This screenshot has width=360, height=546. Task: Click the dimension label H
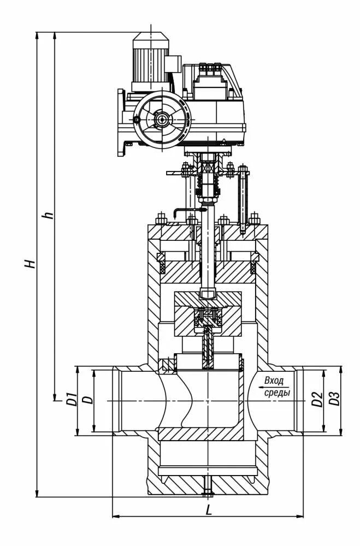[32, 264]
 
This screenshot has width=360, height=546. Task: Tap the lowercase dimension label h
[50, 215]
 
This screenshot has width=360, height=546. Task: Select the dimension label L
[208, 510]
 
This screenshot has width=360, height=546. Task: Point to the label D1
[70, 399]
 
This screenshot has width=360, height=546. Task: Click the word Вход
[274, 381]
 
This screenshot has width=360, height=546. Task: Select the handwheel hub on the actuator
[162, 118]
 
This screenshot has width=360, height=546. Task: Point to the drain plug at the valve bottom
[209, 485]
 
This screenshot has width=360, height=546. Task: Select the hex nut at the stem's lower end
[208, 293]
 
